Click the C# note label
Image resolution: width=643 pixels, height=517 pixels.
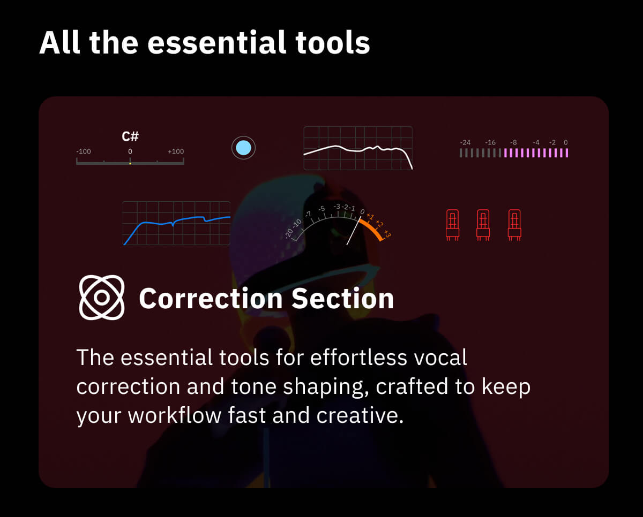click(130, 136)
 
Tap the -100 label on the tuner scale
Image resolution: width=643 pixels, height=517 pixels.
click(84, 151)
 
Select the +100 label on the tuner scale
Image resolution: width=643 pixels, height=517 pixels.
click(176, 151)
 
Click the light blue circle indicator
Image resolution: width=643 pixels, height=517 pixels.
click(243, 147)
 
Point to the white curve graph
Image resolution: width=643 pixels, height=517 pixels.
click(357, 149)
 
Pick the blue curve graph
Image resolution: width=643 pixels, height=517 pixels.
click(176, 223)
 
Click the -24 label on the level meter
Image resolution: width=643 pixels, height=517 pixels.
click(465, 142)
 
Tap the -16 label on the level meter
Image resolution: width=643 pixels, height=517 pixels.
click(490, 142)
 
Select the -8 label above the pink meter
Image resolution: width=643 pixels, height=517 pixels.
click(513, 142)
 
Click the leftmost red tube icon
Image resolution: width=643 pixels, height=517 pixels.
click(453, 223)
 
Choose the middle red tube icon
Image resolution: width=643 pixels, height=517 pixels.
click(483, 223)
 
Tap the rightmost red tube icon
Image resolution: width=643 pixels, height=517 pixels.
click(514, 223)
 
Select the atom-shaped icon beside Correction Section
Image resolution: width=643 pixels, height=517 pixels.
click(102, 298)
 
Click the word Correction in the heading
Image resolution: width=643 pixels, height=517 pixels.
click(211, 299)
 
